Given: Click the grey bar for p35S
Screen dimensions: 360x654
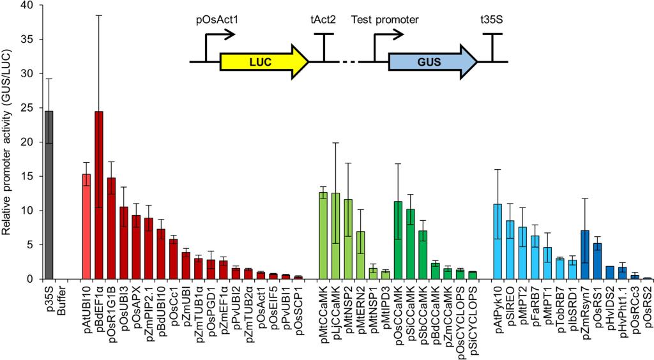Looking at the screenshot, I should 49,195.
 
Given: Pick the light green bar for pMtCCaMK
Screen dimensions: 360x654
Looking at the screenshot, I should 323,236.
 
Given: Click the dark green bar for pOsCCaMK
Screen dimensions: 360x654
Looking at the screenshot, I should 398,240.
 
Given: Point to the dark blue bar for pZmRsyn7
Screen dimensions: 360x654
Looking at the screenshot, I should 584,255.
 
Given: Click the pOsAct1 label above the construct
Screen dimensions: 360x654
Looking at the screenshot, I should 217,19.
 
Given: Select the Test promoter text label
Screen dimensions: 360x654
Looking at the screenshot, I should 385,19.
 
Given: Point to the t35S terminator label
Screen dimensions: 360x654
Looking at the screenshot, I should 492,19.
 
